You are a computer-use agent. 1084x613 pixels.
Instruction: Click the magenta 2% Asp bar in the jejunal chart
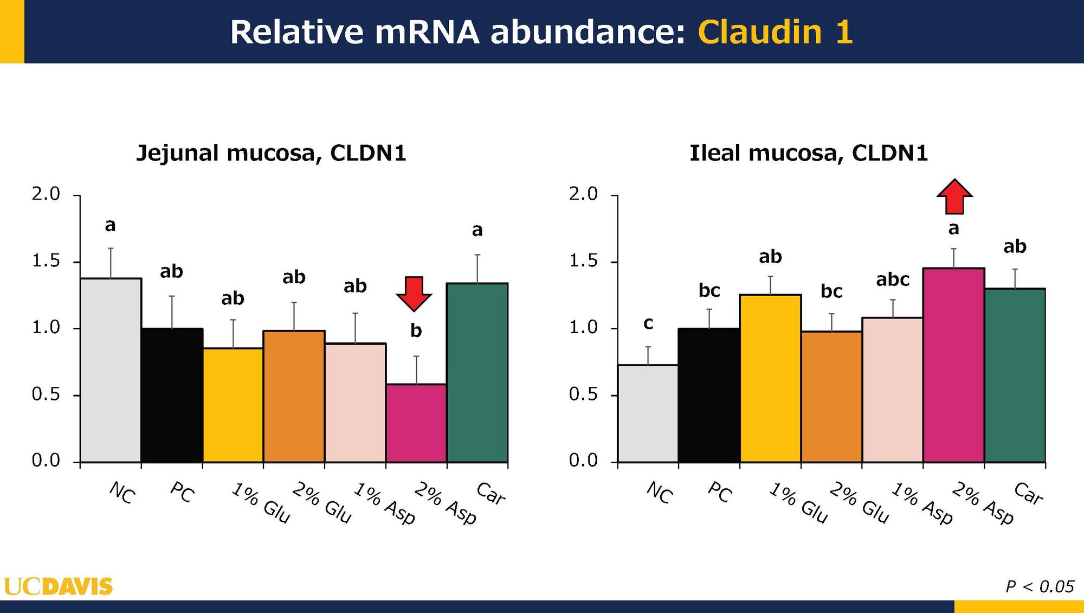pos(416,423)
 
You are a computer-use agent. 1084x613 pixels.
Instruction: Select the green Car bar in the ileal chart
pos(1015,375)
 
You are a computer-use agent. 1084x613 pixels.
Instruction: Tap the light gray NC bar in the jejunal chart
pos(111,371)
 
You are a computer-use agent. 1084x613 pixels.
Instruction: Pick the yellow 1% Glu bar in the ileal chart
pos(770,379)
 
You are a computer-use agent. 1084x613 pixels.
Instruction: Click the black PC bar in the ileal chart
pos(709,395)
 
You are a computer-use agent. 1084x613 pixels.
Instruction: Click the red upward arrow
pos(954,196)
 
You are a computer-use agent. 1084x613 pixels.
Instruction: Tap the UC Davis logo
pos(58,586)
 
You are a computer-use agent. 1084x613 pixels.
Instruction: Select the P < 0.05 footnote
pos(1040,586)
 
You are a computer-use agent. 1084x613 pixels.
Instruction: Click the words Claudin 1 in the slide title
pos(775,31)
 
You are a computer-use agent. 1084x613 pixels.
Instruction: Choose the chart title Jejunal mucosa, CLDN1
pos(271,154)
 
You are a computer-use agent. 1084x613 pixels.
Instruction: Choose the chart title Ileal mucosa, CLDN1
pos(809,154)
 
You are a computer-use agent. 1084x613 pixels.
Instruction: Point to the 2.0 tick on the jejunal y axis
pos(46,194)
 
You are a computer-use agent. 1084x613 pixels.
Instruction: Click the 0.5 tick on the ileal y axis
pos(583,394)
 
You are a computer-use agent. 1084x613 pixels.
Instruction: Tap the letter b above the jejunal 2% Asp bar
pos(416,330)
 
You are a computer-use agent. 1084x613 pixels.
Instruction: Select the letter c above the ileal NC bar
pos(648,324)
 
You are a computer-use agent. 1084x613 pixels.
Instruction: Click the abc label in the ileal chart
pos(893,279)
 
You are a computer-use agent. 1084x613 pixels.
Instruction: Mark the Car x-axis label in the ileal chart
pos(1028,494)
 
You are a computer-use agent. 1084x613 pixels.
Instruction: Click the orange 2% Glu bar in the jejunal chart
pos(294,397)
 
